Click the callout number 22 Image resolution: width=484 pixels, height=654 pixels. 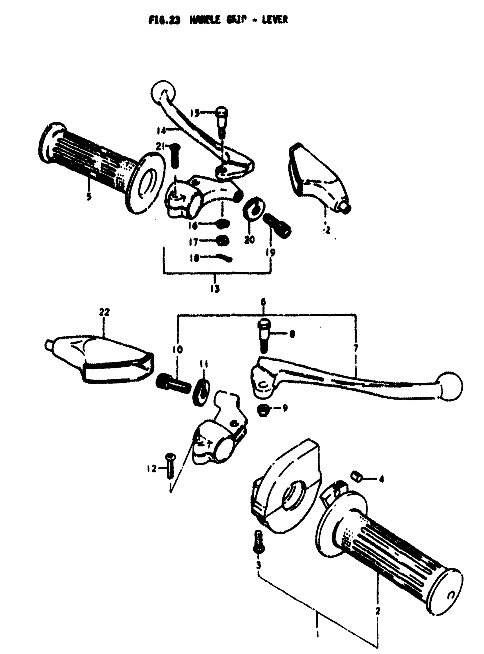[x=104, y=313]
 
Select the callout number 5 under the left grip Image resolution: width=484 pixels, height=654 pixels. [x=89, y=196]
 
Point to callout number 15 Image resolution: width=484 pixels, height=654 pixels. [x=194, y=113]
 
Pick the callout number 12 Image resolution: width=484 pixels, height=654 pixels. [x=152, y=469]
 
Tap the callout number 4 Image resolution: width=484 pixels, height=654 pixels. [x=381, y=480]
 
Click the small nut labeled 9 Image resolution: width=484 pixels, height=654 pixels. [x=261, y=410]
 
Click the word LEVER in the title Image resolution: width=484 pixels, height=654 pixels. [x=274, y=20]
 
